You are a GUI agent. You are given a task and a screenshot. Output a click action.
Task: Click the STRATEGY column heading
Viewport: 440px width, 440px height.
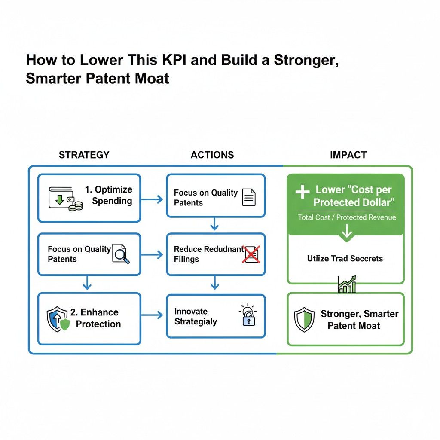[84, 155]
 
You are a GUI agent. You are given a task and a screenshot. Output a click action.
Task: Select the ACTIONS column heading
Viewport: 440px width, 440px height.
[212, 155]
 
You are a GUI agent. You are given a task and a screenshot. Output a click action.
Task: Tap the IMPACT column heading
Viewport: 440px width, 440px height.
[348, 155]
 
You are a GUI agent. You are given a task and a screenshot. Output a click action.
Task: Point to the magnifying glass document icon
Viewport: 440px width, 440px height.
[120, 254]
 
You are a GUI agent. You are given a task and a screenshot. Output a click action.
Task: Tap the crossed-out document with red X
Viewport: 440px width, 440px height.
[251, 254]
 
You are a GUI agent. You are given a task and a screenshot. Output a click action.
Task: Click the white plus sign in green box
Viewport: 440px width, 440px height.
[302, 192]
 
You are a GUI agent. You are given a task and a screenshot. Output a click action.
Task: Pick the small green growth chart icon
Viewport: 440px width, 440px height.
[346, 284]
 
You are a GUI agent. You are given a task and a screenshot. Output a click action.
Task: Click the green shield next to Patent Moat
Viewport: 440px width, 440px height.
[304, 319]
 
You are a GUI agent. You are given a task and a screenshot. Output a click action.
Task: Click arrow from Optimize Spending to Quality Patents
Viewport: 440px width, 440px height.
[153, 199]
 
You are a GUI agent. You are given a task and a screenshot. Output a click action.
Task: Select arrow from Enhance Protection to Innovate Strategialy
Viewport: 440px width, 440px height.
[153, 315]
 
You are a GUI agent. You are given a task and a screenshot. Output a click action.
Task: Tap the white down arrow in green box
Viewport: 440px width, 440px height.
[346, 232]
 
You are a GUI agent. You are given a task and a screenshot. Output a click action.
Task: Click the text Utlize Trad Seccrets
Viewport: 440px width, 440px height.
[345, 259]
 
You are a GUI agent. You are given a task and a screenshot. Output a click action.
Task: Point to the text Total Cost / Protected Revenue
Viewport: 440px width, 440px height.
[347, 217]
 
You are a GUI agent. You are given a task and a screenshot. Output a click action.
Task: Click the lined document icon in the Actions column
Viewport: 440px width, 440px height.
[249, 197]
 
